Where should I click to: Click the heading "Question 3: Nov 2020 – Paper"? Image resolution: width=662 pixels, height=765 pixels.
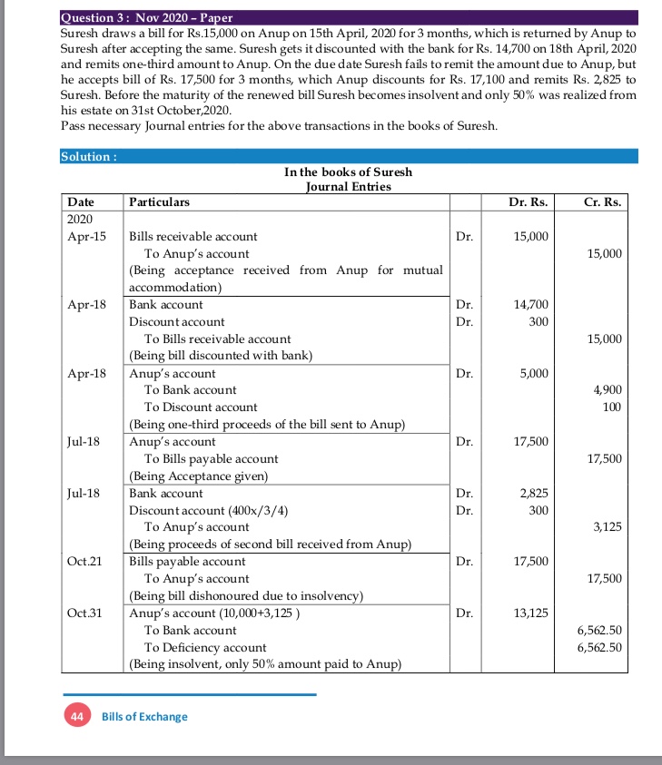point(146,17)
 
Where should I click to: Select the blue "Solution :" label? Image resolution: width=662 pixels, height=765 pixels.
point(88,156)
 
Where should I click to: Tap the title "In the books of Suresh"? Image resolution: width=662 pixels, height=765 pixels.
point(348,172)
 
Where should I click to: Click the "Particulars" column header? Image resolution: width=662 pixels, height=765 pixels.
point(160,201)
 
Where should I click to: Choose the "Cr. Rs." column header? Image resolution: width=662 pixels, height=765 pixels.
point(602,201)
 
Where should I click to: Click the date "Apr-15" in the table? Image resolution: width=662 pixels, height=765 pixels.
point(86,236)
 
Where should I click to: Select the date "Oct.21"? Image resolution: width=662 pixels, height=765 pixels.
point(85,561)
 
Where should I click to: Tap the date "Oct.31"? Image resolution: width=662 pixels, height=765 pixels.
point(85,613)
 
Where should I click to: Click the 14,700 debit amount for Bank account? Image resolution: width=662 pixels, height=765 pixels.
point(530,305)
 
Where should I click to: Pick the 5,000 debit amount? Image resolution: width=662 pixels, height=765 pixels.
point(533,373)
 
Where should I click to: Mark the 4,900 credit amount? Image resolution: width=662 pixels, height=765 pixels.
point(607,390)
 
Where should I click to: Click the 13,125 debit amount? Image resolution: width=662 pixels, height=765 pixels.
point(530,613)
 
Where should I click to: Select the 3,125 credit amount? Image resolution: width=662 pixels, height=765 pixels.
point(607,527)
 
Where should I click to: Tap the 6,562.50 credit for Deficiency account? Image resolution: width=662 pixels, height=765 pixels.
point(599,647)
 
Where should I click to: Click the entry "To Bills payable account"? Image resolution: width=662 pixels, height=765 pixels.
point(212,459)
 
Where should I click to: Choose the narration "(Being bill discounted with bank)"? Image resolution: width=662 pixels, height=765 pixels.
point(221,356)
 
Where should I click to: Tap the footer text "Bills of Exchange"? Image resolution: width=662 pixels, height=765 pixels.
point(144,717)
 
